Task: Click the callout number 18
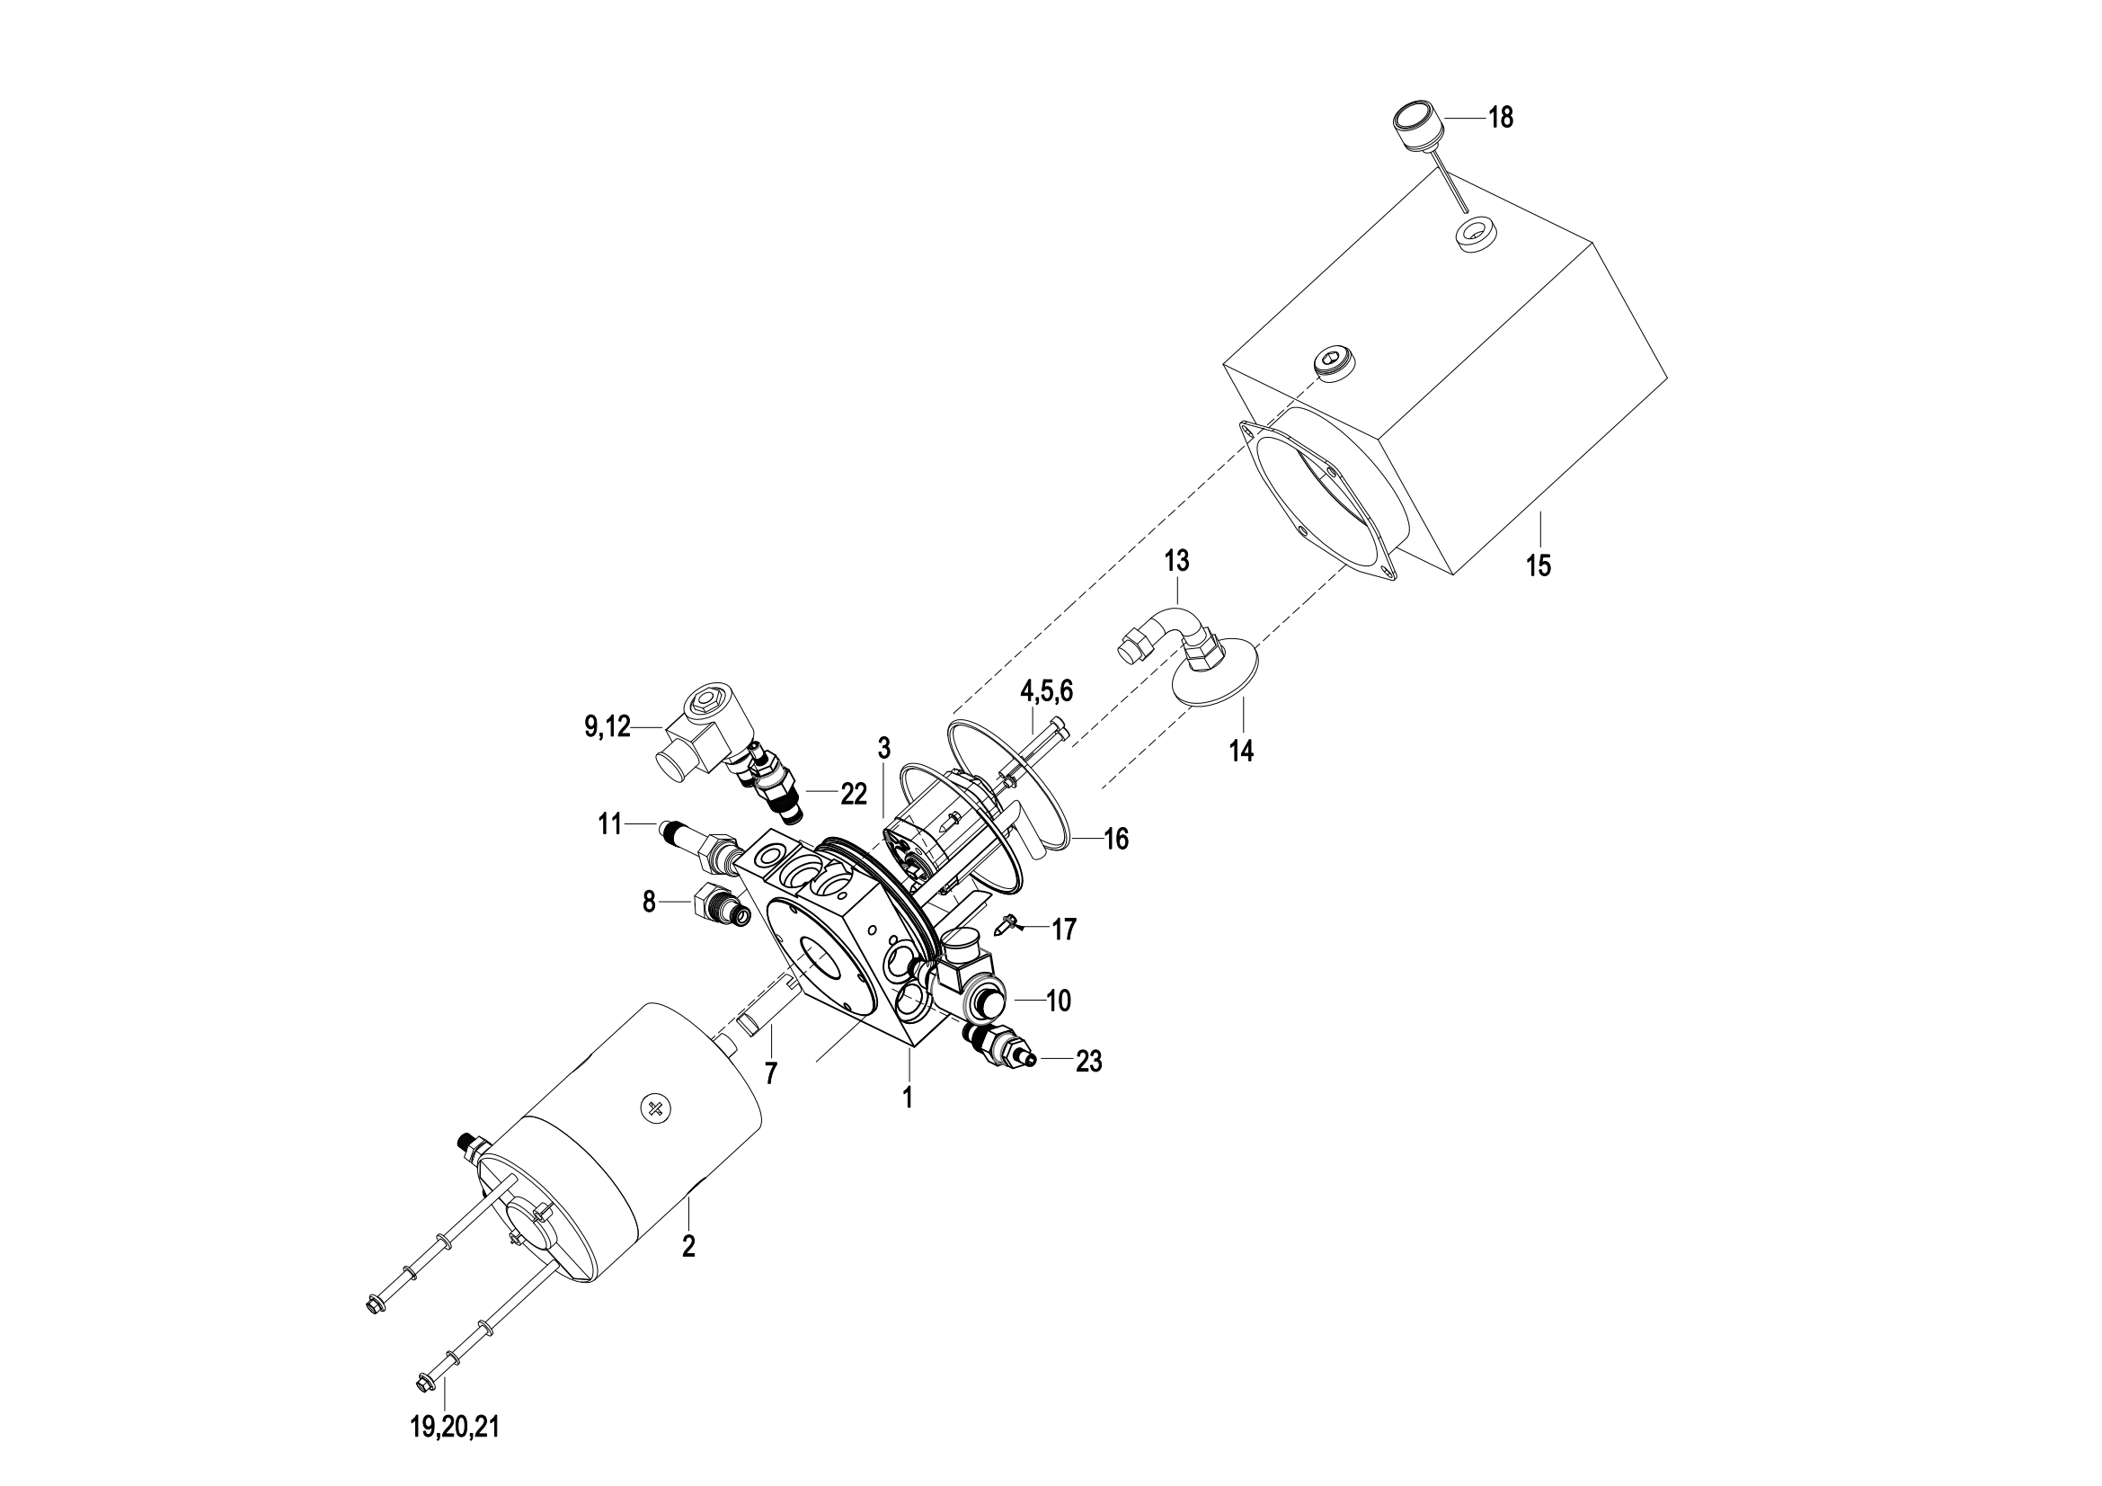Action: pyautogui.click(x=1501, y=117)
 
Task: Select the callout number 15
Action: pyautogui.click(x=1539, y=565)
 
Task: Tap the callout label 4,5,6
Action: pyautogui.click(x=1046, y=690)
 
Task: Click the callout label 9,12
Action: pyautogui.click(x=608, y=727)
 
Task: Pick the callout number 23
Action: pyautogui.click(x=1088, y=1061)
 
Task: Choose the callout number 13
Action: pyautogui.click(x=1176, y=560)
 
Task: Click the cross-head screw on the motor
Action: pyautogui.click(x=655, y=1108)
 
